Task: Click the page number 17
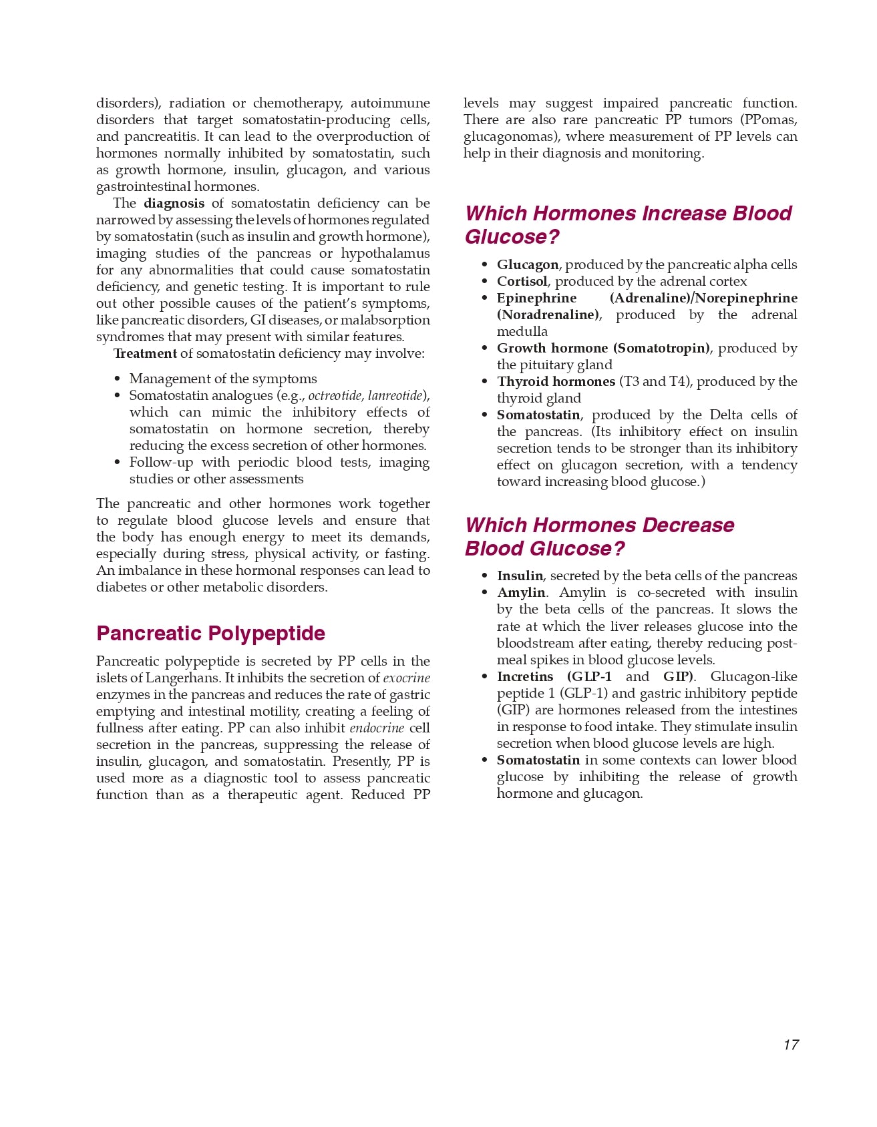point(791,1045)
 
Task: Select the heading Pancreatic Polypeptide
point(210,633)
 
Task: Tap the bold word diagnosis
point(174,203)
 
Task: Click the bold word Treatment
point(145,353)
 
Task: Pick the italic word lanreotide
point(395,395)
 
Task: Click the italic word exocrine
point(406,678)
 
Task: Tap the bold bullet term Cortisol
point(522,281)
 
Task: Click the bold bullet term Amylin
point(521,592)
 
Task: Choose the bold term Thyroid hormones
point(556,381)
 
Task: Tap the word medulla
point(522,331)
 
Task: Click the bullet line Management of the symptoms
point(223,379)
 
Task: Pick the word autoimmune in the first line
point(390,103)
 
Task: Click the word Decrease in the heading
point(687,525)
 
